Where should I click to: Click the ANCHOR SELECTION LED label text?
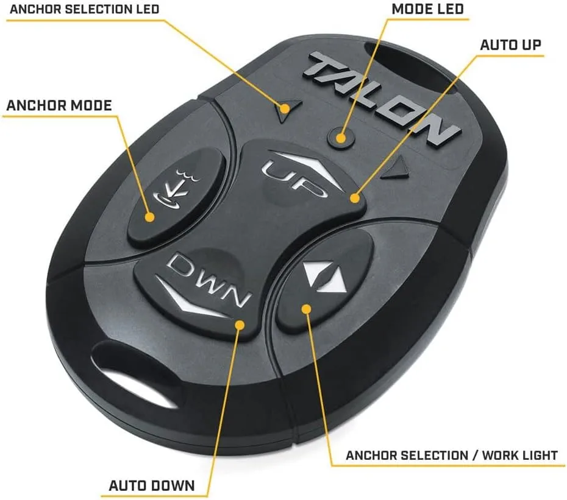tap(85, 9)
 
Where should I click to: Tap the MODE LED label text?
tap(428, 9)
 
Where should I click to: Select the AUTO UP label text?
tap(510, 45)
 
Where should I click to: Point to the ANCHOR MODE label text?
tap(59, 105)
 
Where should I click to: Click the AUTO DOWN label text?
tap(152, 485)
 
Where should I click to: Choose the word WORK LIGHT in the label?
tap(519, 456)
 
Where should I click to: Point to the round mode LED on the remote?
tap(341, 138)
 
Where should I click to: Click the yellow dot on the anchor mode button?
tap(149, 217)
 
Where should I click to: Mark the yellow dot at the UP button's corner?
tap(355, 198)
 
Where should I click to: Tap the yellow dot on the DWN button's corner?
tap(240, 325)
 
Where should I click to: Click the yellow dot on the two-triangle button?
tap(306, 309)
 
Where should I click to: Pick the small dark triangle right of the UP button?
tap(397, 169)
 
